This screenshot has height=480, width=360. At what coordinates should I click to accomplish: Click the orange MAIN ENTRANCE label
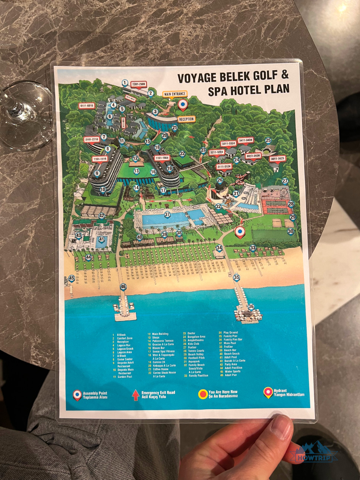click(175, 94)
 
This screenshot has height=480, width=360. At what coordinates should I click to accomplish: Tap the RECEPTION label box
click(186, 119)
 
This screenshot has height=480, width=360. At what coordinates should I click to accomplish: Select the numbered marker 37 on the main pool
click(167, 215)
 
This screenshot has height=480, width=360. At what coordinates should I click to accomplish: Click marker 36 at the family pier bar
click(251, 306)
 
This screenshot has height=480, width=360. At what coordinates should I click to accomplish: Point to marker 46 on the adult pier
click(123, 287)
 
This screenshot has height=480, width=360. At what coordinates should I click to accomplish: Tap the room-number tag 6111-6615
click(86, 106)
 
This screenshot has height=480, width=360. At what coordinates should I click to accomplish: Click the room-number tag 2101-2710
click(92, 140)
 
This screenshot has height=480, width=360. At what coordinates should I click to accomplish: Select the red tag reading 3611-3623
click(277, 159)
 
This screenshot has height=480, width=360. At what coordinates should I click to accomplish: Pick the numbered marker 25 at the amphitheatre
click(268, 140)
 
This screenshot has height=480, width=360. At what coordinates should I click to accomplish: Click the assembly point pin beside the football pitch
click(240, 232)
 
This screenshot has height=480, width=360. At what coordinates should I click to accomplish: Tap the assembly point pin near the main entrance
click(182, 104)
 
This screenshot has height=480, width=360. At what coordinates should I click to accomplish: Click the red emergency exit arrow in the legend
click(136, 395)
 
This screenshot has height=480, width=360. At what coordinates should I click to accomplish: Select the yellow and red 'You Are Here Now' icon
click(203, 394)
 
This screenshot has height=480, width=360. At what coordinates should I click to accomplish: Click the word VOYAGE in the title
click(196, 78)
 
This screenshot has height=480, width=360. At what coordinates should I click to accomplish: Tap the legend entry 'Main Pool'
click(229, 343)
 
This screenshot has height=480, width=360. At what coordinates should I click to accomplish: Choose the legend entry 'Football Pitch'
click(196, 358)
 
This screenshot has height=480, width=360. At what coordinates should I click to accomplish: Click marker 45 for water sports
click(72, 279)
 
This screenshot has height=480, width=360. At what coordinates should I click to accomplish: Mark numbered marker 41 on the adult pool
click(102, 239)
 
